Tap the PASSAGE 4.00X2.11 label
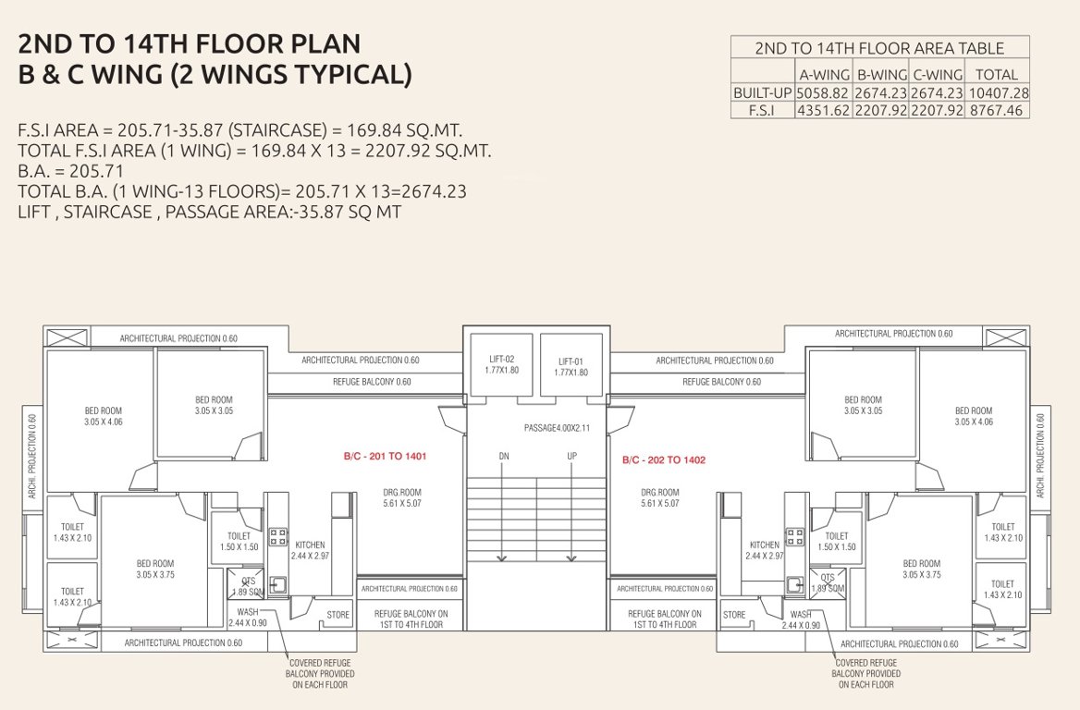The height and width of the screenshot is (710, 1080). pyautogui.click(x=536, y=428)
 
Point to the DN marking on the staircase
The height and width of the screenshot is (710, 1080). pyautogui.click(x=503, y=457)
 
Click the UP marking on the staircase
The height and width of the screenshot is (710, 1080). pyautogui.click(x=571, y=457)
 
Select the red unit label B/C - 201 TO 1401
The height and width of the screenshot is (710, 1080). pyautogui.click(x=385, y=457)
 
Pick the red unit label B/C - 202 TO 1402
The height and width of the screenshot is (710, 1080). pyautogui.click(x=664, y=459)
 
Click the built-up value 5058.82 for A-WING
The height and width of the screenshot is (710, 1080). pyautogui.click(x=823, y=93)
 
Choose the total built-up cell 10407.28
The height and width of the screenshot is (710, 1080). pyautogui.click(x=998, y=93)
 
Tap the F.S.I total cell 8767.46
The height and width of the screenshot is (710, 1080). pyautogui.click(x=998, y=110)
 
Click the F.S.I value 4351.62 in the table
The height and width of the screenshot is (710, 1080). pyautogui.click(x=823, y=110)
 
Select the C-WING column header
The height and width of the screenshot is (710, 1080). pyautogui.click(x=938, y=75)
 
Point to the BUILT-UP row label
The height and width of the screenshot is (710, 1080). pyautogui.click(x=762, y=93)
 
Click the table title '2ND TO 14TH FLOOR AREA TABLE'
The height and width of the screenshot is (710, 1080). pyautogui.click(x=878, y=49)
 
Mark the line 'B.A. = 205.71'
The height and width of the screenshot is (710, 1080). pyautogui.click(x=70, y=171)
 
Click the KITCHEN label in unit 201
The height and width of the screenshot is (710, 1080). pyautogui.click(x=310, y=545)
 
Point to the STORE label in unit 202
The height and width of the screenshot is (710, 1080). pyautogui.click(x=734, y=615)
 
